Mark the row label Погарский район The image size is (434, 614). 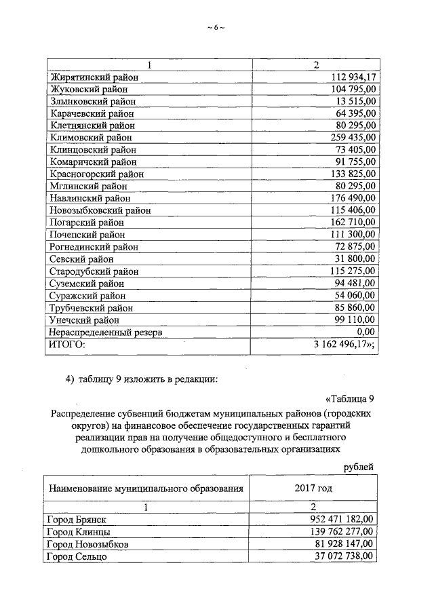(87, 223)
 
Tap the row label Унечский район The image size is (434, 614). (85, 320)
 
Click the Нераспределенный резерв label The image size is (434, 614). (106, 332)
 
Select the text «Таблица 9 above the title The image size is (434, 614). (345, 398)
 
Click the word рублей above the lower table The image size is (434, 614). (358, 467)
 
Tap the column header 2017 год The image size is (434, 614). (313, 488)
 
